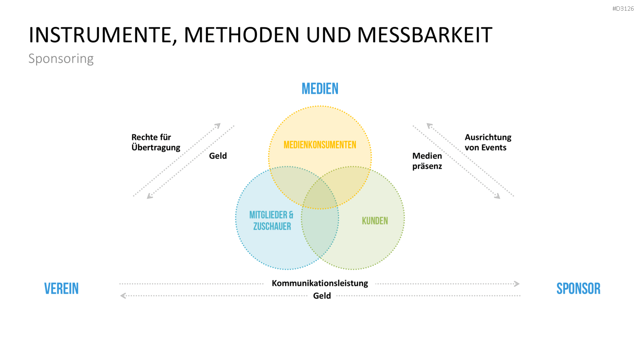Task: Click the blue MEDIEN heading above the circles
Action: click(x=320, y=89)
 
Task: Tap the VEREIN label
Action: click(x=61, y=289)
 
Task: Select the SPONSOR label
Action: click(x=579, y=289)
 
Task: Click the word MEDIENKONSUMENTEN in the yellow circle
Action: click(x=320, y=145)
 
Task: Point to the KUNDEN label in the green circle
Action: click(x=375, y=221)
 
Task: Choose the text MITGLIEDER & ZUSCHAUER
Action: click(x=271, y=221)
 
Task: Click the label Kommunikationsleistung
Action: click(x=320, y=283)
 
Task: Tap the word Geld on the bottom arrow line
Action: click(x=322, y=296)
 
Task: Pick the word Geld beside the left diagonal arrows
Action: click(x=218, y=156)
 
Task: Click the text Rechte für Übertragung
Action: click(x=156, y=142)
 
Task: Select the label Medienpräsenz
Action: click(x=427, y=161)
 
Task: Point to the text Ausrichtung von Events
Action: click(x=488, y=142)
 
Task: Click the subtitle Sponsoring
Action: click(x=61, y=58)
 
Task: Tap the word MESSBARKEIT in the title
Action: click(x=425, y=35)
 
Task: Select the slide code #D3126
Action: click(x=623, y=9)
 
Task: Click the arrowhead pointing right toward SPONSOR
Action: click(x=517, y=284)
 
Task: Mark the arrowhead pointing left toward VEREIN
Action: click(x=123, y=296)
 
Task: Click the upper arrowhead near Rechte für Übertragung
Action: click(x=218, y=125)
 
